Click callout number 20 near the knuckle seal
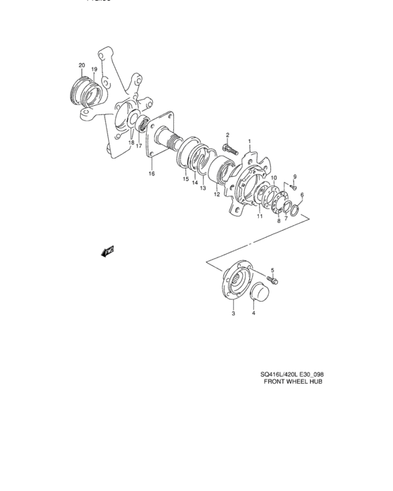[81, 65]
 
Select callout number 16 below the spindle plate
[151, 173]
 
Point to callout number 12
[218, 195]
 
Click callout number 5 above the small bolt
[272, 270]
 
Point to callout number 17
[139, 146]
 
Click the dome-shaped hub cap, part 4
[258, 290]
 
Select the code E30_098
[309, 374]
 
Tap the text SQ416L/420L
[277, 374]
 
